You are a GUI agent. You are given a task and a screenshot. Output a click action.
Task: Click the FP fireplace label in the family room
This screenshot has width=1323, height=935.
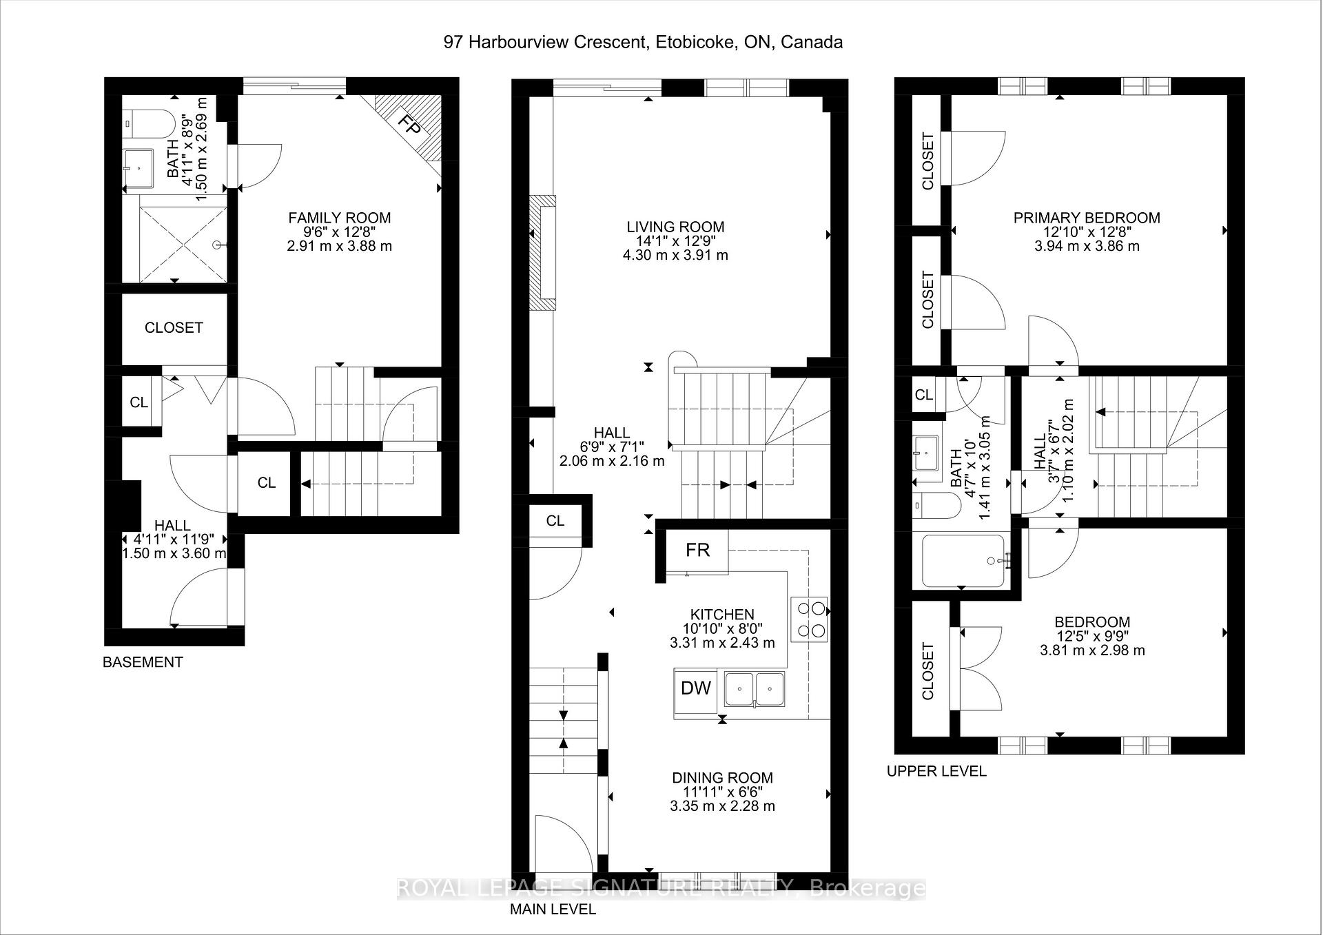click(411, 126)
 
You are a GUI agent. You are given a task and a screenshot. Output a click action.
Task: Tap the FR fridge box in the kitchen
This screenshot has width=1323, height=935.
click(697, 550)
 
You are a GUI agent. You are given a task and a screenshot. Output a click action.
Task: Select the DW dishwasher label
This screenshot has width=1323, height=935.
click(696, 688)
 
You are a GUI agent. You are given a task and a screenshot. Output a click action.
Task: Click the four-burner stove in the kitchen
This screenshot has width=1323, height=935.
click(810, 619)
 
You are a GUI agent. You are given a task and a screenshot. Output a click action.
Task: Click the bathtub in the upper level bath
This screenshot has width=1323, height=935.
click(963, 561)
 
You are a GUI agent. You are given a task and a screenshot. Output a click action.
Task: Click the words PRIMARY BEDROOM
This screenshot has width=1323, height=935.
click(1087, 218)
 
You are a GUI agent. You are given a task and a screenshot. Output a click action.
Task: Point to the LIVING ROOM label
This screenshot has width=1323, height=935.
click(675, 227)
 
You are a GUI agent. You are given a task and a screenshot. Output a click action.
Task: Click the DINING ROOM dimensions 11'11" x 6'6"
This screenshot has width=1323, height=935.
click(722, 792)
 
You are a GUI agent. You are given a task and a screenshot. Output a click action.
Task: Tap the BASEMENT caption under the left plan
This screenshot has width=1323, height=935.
click(143, 662)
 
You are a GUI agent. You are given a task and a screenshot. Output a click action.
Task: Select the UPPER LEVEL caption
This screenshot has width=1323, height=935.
click(936, 771)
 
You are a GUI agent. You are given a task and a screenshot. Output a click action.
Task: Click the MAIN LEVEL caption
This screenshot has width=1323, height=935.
click(553, 910)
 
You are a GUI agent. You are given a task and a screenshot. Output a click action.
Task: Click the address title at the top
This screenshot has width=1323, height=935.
click(643, 42)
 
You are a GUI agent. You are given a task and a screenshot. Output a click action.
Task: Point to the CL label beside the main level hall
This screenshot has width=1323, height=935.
click(555, 521)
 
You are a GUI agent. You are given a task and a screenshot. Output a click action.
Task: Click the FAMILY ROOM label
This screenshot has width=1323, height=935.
click(339, 218)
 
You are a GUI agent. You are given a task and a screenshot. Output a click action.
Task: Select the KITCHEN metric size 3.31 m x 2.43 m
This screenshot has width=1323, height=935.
click(722, 643)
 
